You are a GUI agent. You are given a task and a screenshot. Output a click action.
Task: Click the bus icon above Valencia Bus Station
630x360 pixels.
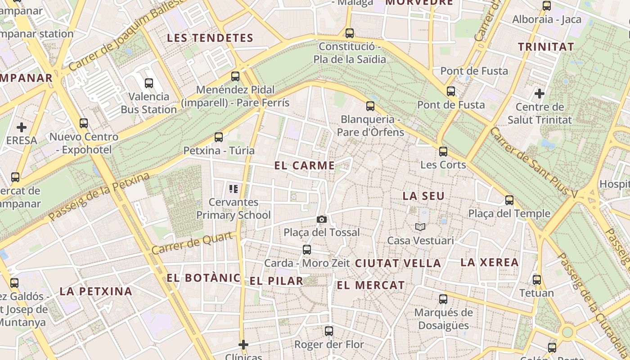pyautogui.click(x=149, y=83)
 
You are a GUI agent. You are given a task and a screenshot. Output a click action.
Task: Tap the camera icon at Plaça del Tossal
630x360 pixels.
pyautogui.click(x=321, y=219)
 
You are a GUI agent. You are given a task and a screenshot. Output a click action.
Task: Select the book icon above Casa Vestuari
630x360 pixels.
pyautogui.click(x=420, y=227)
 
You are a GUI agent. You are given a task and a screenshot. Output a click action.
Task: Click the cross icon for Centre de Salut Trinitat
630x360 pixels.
pyautogui.click(x=539, y=94)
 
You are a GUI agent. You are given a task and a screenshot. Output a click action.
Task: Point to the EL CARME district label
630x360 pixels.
pyautogui.click(x=305, y=166)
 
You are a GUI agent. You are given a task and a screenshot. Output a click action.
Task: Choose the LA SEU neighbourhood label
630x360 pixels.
pyautogui.click(x=423, y=196)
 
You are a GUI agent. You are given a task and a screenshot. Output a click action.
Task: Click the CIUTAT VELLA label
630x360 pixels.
pyautogui.click(x=398, y=263)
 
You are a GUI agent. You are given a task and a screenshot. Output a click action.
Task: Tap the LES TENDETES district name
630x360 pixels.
pyautogui.click(x=210, y=38)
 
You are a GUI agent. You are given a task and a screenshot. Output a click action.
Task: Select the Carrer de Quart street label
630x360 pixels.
pyautogui.click(x=194, y=243)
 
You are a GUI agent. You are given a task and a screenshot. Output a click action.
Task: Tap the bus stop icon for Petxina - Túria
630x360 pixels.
pyautogui.click(x=219, y=137)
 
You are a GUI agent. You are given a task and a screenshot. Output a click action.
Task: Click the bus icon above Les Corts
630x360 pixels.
pyautogui.click(x=443, y=152)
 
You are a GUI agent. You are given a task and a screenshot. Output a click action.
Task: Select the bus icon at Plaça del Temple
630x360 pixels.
pyautogui.click(x=509, y=200)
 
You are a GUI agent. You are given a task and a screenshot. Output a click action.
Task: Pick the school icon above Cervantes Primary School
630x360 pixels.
pyautogui.click(x=233, y=189)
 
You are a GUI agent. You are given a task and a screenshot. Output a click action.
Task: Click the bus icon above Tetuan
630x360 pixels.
pyautogui.click(x=536, y=280)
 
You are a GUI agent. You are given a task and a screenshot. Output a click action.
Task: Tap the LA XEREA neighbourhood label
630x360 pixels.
pyautogui.click(x=490, y=262)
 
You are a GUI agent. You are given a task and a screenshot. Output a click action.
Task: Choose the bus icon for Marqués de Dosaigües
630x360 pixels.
pyautogui.click(x=443, y=299)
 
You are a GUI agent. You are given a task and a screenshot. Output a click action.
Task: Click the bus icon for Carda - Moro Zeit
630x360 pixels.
pyautogui.click(x=307, y=250)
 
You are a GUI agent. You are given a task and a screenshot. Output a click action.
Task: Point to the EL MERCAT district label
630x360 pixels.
pyautogui.click(x=371, y=285)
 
